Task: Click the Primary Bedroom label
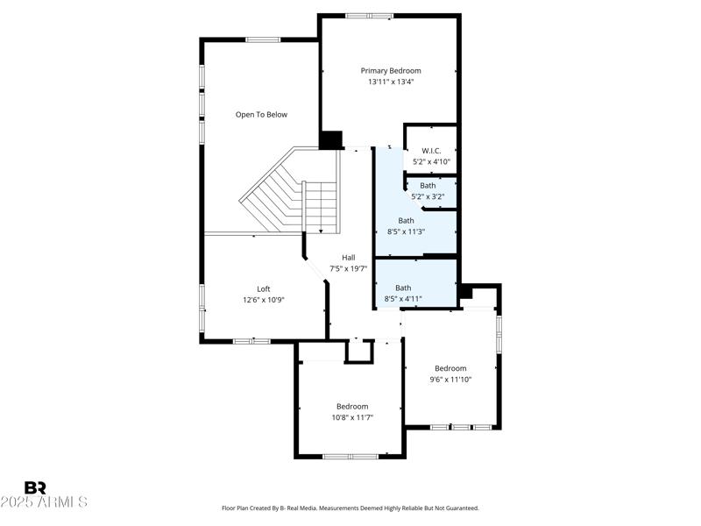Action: click(391, 70)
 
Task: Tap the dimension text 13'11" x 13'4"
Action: click(391, 82)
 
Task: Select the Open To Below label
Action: click(261, 115)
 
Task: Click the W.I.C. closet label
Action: click(431, 151)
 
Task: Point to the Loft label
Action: click(264, 288)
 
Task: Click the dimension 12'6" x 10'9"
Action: click(264, 300)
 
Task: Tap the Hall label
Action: click(348, 257)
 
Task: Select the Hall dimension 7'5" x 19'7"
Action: click(348, 268)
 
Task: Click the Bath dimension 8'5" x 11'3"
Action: click(406, 231)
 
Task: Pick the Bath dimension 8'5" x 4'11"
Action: click(403, 299)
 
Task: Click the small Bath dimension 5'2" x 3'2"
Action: click(428, 196)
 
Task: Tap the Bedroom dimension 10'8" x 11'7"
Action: click(352, 417)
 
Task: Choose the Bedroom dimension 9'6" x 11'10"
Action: click(450, 380)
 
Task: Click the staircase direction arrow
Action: click(322, 230)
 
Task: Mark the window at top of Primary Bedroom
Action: click(369, 15)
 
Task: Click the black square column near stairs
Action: click(331, 140)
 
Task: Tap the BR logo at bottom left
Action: click(35, 488)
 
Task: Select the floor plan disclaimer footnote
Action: click(350, 508)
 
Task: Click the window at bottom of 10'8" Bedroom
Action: click(350, 456)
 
